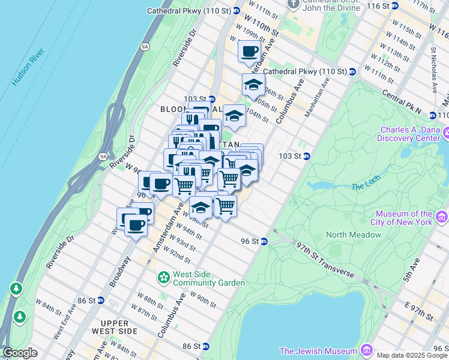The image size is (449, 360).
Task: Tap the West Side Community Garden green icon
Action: click(163, 277)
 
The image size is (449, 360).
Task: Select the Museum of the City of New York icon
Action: click(442, 217)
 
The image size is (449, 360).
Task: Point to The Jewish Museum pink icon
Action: click(366, 350)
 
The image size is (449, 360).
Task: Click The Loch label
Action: click(366, 187)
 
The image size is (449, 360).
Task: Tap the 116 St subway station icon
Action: click(396, 5)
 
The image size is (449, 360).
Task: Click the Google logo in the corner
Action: click(20, 353)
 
